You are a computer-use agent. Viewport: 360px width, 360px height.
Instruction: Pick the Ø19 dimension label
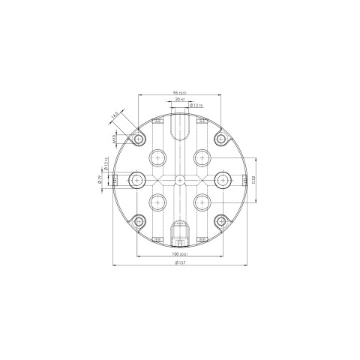[100, 179]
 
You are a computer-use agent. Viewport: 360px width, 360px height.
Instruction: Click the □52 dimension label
[254, 179]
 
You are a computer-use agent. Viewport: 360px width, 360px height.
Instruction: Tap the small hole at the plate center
[179, 179]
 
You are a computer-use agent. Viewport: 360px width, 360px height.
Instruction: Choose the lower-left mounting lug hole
[139, 221]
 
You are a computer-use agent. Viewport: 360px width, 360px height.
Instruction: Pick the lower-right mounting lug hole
[220, 221]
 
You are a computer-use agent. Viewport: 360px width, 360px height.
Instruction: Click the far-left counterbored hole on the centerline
[137, 179]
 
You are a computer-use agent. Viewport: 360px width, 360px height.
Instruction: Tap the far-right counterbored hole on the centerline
[222, 179]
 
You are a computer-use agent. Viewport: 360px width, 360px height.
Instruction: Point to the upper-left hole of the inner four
[158, 157]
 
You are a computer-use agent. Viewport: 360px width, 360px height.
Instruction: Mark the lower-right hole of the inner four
[201, 201]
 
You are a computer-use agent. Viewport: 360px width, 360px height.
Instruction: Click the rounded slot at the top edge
[179, 126]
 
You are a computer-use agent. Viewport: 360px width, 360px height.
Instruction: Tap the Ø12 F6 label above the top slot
[196, 106]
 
